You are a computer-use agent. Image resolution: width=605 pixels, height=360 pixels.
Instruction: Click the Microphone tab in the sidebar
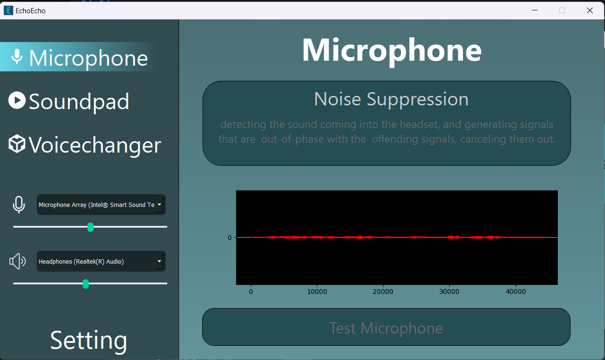[88, 58]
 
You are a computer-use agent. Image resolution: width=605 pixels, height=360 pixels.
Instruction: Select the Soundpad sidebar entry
[79, 101]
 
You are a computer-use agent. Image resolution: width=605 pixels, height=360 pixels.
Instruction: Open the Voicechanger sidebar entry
[94, 145]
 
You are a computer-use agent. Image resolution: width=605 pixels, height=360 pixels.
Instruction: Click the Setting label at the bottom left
[89, 340]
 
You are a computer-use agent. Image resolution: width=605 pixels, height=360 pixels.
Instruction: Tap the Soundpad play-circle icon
[17, 100]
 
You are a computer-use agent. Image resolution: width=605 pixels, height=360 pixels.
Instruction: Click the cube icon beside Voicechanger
[17, 144]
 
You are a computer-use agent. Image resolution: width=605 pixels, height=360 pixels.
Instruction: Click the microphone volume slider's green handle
[91, 227]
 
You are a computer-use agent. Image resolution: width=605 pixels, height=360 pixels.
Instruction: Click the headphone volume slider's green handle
[85, 284]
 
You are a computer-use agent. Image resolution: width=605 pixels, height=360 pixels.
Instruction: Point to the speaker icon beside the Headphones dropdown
[17, 261]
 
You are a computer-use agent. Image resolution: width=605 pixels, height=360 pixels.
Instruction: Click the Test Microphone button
[386, 327]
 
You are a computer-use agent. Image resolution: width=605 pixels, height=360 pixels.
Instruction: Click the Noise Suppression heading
[391, 99]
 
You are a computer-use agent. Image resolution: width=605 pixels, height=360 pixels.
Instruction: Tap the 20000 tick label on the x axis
[383, 292]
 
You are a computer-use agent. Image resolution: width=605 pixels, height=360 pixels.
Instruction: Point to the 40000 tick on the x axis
[516, 292]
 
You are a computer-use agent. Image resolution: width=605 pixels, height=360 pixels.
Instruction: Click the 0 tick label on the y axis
[230, 238]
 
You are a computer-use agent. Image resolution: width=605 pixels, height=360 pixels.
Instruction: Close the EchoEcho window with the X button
[589, 10]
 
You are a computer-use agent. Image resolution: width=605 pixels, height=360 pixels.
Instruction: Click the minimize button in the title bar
[535, 10]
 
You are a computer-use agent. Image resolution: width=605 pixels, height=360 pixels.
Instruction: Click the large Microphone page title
[392, 50]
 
